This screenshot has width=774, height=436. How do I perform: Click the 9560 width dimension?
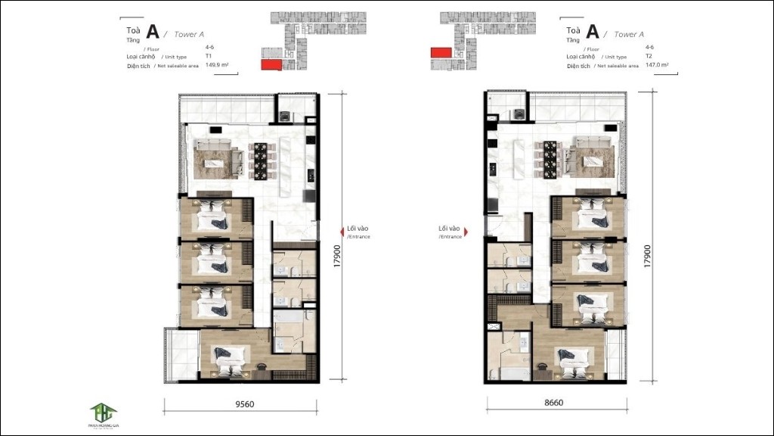click(243, 404)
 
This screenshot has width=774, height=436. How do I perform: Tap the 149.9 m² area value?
click(218, 66)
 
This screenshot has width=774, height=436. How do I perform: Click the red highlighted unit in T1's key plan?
click(269, 65)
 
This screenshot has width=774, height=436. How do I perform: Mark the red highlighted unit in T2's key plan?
click(440, 52)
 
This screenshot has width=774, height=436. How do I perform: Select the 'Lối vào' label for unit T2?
click(449, 228)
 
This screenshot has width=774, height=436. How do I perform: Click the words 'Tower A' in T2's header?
click(629, 34)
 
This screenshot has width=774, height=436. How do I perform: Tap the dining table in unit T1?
click(262, 157)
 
